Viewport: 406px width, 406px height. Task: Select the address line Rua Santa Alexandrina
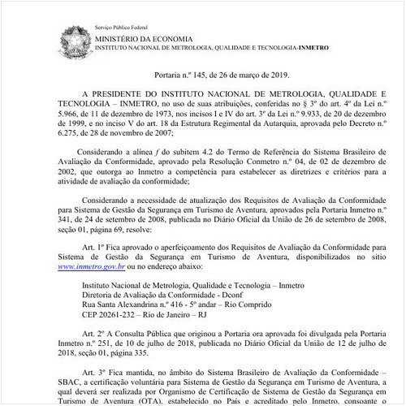coord(130,304)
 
